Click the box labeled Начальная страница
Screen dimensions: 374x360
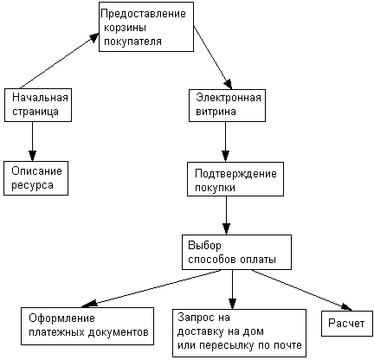[38, 105]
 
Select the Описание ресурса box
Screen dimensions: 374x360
[35, 178]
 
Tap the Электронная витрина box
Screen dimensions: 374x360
[227, 106]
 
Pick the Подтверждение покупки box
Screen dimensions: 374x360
[235, 179]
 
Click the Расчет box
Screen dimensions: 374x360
[347, 324]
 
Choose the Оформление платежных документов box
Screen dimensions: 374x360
[87, 326]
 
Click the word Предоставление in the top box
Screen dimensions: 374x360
[144, 14]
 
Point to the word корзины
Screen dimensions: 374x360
[125, 28]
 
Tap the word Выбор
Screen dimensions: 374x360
[204, 246]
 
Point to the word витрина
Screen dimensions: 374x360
[216, 112]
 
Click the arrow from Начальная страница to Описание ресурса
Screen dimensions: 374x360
[32, 141]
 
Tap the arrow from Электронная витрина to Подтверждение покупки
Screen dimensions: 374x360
[225, 142]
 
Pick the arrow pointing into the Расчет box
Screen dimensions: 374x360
[302, 291]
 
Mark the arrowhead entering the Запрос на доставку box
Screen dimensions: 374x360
[232, 304]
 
